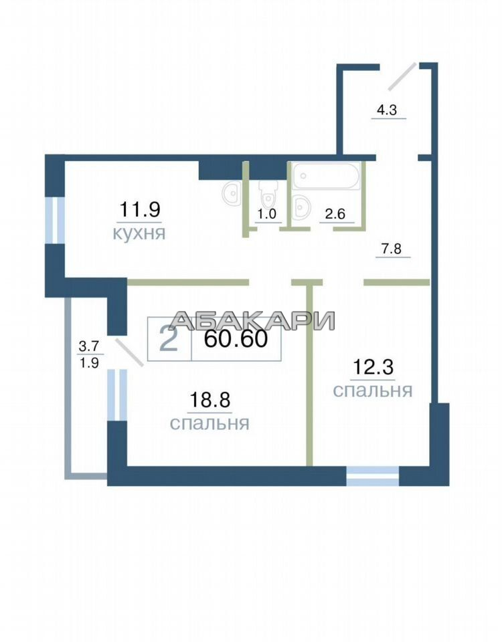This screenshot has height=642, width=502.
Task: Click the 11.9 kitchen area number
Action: pyautogui.click(x=139, y=209)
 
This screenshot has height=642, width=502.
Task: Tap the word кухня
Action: pyautogui.click(x=139, y=233)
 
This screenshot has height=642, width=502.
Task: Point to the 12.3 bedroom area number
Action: pyautogui.click(x=373, y=367)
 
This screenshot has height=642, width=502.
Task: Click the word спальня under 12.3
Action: pyautogui.click(x=373, y=391)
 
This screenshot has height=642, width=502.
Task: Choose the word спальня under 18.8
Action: pyautogui.click(x=210, y=423)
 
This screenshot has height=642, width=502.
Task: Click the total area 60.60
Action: pyautogui.click(x=236, y=338)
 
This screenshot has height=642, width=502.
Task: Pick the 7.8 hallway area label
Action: pyautogui.click(x=392, y=249)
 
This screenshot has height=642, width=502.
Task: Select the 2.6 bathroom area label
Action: pyautogui.click(x=335, y=214)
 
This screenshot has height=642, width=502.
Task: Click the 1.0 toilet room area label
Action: pyautogui.click(x=267, y=214)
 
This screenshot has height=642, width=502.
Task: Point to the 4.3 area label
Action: pyautogui.click(x=387, y=110)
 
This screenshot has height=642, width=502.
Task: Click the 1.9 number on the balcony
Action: pyautogui.click(x=88, y=362)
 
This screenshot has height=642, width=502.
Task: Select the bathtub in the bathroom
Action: pyautogui.click(x=326, y=176)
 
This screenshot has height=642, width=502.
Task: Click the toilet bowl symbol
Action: pyautogui.click(x=268, y=194)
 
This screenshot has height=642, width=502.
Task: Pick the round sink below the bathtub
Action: pyautogui.click(x=302, y=205)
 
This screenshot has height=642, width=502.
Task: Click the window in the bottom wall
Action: pyautogui.click(x=373, y=475)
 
